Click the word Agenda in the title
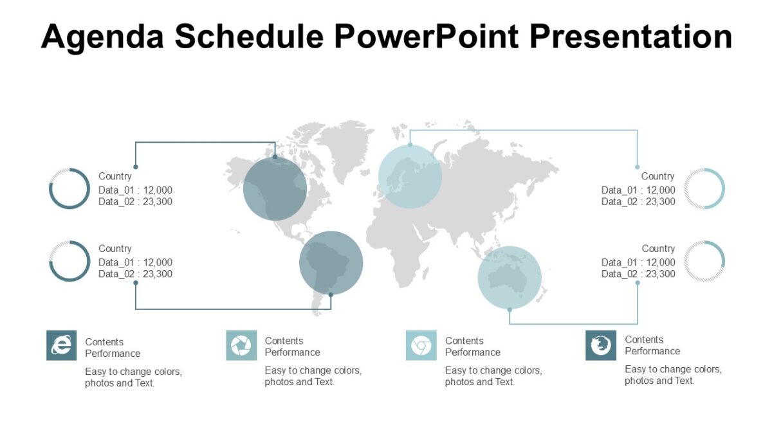102,37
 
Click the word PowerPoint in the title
425,37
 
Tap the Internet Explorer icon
62,345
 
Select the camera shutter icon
241,345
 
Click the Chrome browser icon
421,345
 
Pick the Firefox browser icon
601,345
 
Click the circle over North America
275,188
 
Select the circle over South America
331,262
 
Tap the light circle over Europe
410,176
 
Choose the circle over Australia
510,277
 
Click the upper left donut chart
69,188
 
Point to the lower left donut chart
69,261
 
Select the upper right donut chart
704,188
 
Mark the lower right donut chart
704,261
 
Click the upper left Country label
115,176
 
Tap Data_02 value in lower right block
660,274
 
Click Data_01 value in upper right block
660,190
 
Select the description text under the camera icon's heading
313,376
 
